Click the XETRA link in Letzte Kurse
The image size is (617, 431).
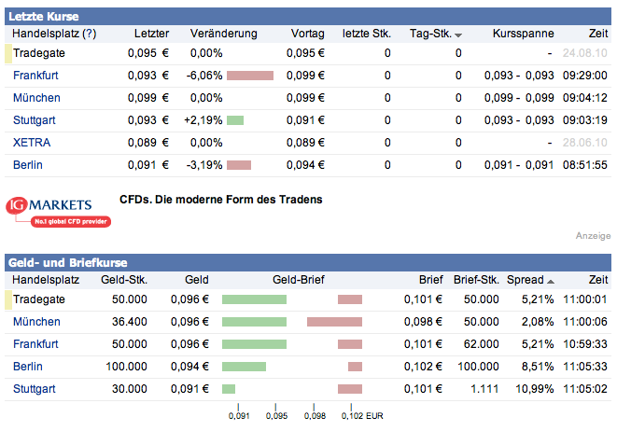(32, 143)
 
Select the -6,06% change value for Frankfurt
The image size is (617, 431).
(204, 76)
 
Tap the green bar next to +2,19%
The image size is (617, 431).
(234, 120)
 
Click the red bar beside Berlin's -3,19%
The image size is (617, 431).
(239, 165)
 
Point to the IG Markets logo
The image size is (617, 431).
(58, 211)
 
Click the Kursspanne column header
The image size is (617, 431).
(524, 34)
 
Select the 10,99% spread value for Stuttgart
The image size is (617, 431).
(525, 389)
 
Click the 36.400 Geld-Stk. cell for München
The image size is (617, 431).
(128, 322)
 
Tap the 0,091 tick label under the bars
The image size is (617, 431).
(239, 416)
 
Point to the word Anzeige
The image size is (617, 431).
(593, 236)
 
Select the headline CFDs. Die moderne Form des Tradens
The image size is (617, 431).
(221, 199)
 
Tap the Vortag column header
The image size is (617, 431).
(307, 34)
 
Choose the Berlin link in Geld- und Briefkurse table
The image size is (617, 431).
(28, 367)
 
